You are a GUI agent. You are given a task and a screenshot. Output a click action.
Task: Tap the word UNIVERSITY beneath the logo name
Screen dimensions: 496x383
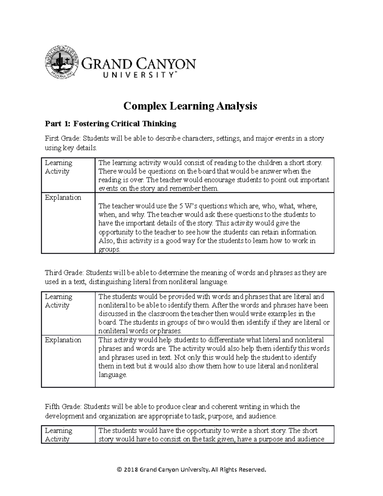pos(138,75)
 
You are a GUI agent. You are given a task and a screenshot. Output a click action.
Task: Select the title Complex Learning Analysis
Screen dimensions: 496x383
pos(190,106)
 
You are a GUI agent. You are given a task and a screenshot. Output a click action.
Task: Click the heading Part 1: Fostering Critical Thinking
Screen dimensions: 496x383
pos(111,124)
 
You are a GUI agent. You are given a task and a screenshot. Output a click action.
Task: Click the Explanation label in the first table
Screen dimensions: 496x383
pos(63,197)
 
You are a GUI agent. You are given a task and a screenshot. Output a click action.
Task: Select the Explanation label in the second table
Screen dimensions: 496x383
pos(63,340)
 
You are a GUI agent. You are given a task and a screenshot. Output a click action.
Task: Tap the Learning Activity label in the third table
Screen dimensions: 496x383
pos(58,435)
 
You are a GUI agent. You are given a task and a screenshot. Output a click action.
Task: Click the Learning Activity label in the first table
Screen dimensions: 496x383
pos(58,167)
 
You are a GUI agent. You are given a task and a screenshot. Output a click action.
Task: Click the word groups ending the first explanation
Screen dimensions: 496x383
pos(109,249)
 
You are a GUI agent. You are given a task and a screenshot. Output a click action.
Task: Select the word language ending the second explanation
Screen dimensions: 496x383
pos(112,375)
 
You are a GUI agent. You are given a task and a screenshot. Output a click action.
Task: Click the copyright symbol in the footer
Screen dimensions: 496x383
pos(120,469)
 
